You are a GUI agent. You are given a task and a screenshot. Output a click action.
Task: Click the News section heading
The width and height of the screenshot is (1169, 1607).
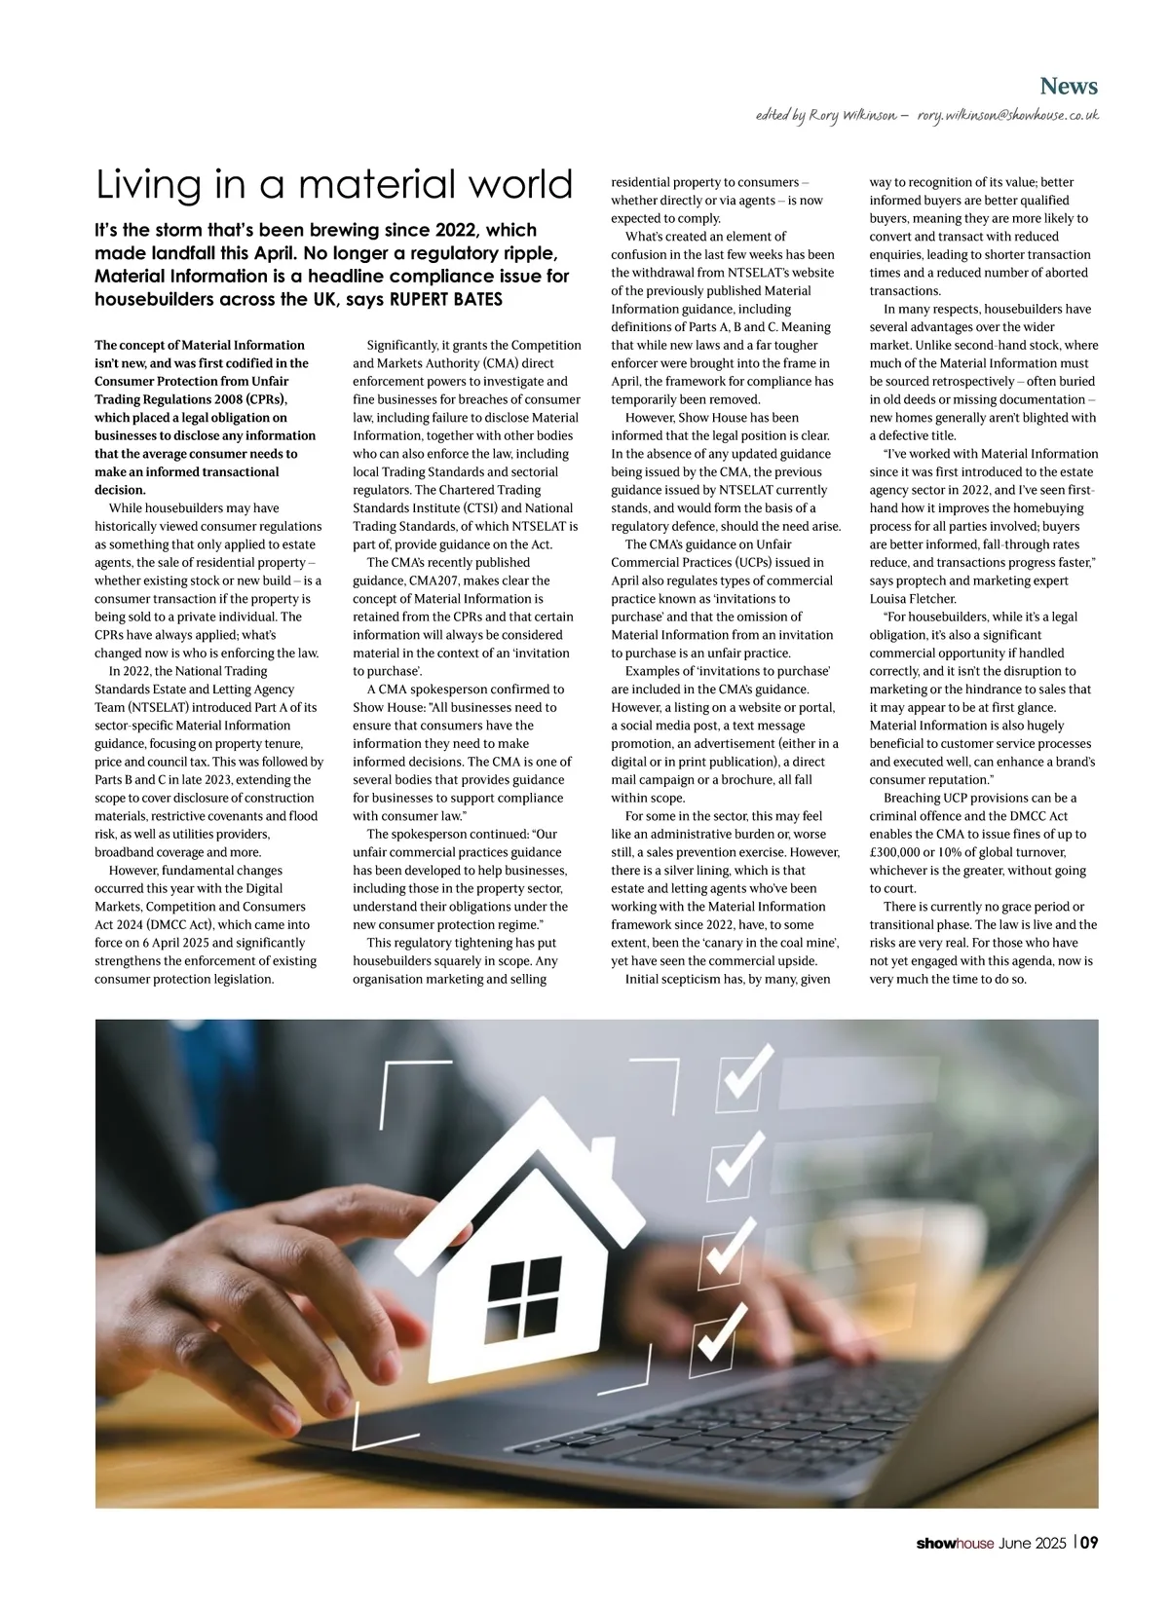(x=1068, y=87)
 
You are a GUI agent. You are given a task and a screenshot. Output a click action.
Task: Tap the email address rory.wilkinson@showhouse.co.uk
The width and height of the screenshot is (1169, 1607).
(x=1007, y=116)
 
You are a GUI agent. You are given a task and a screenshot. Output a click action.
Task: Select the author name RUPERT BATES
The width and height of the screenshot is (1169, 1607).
(x=446, y=299)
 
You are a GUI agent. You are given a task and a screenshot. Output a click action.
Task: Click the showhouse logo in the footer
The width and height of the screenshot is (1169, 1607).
(x=954, y=1543)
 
